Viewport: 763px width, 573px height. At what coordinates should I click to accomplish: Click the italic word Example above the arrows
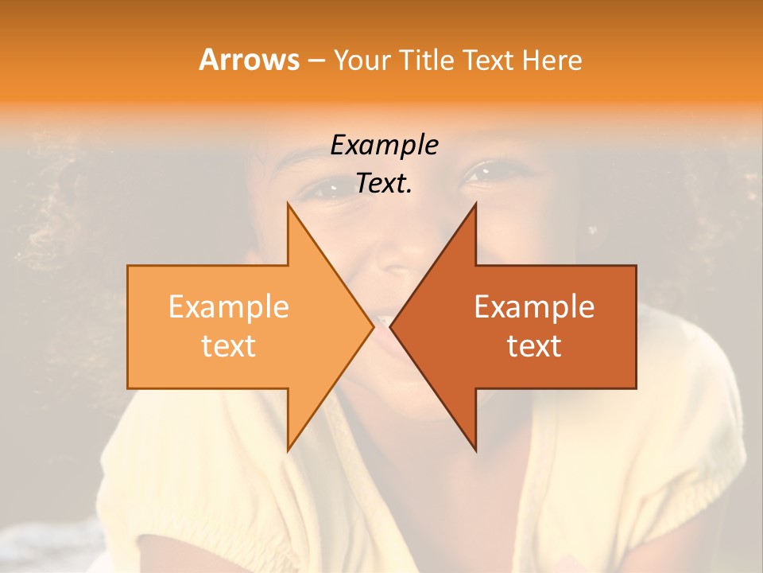click(384, 145)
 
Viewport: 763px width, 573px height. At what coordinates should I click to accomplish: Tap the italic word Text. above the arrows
click(384, 184)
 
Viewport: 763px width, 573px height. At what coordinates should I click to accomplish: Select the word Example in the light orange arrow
click(229, 307)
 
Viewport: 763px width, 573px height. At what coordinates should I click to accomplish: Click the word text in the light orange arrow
click(229, 346)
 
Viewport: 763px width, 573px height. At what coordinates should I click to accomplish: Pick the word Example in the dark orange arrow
click(534, 307)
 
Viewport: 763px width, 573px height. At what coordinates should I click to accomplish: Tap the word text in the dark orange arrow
click(534, 346)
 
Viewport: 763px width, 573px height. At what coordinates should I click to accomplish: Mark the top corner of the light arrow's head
click(288, 204)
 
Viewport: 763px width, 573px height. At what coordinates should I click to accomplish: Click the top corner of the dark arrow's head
click(476, 204)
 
